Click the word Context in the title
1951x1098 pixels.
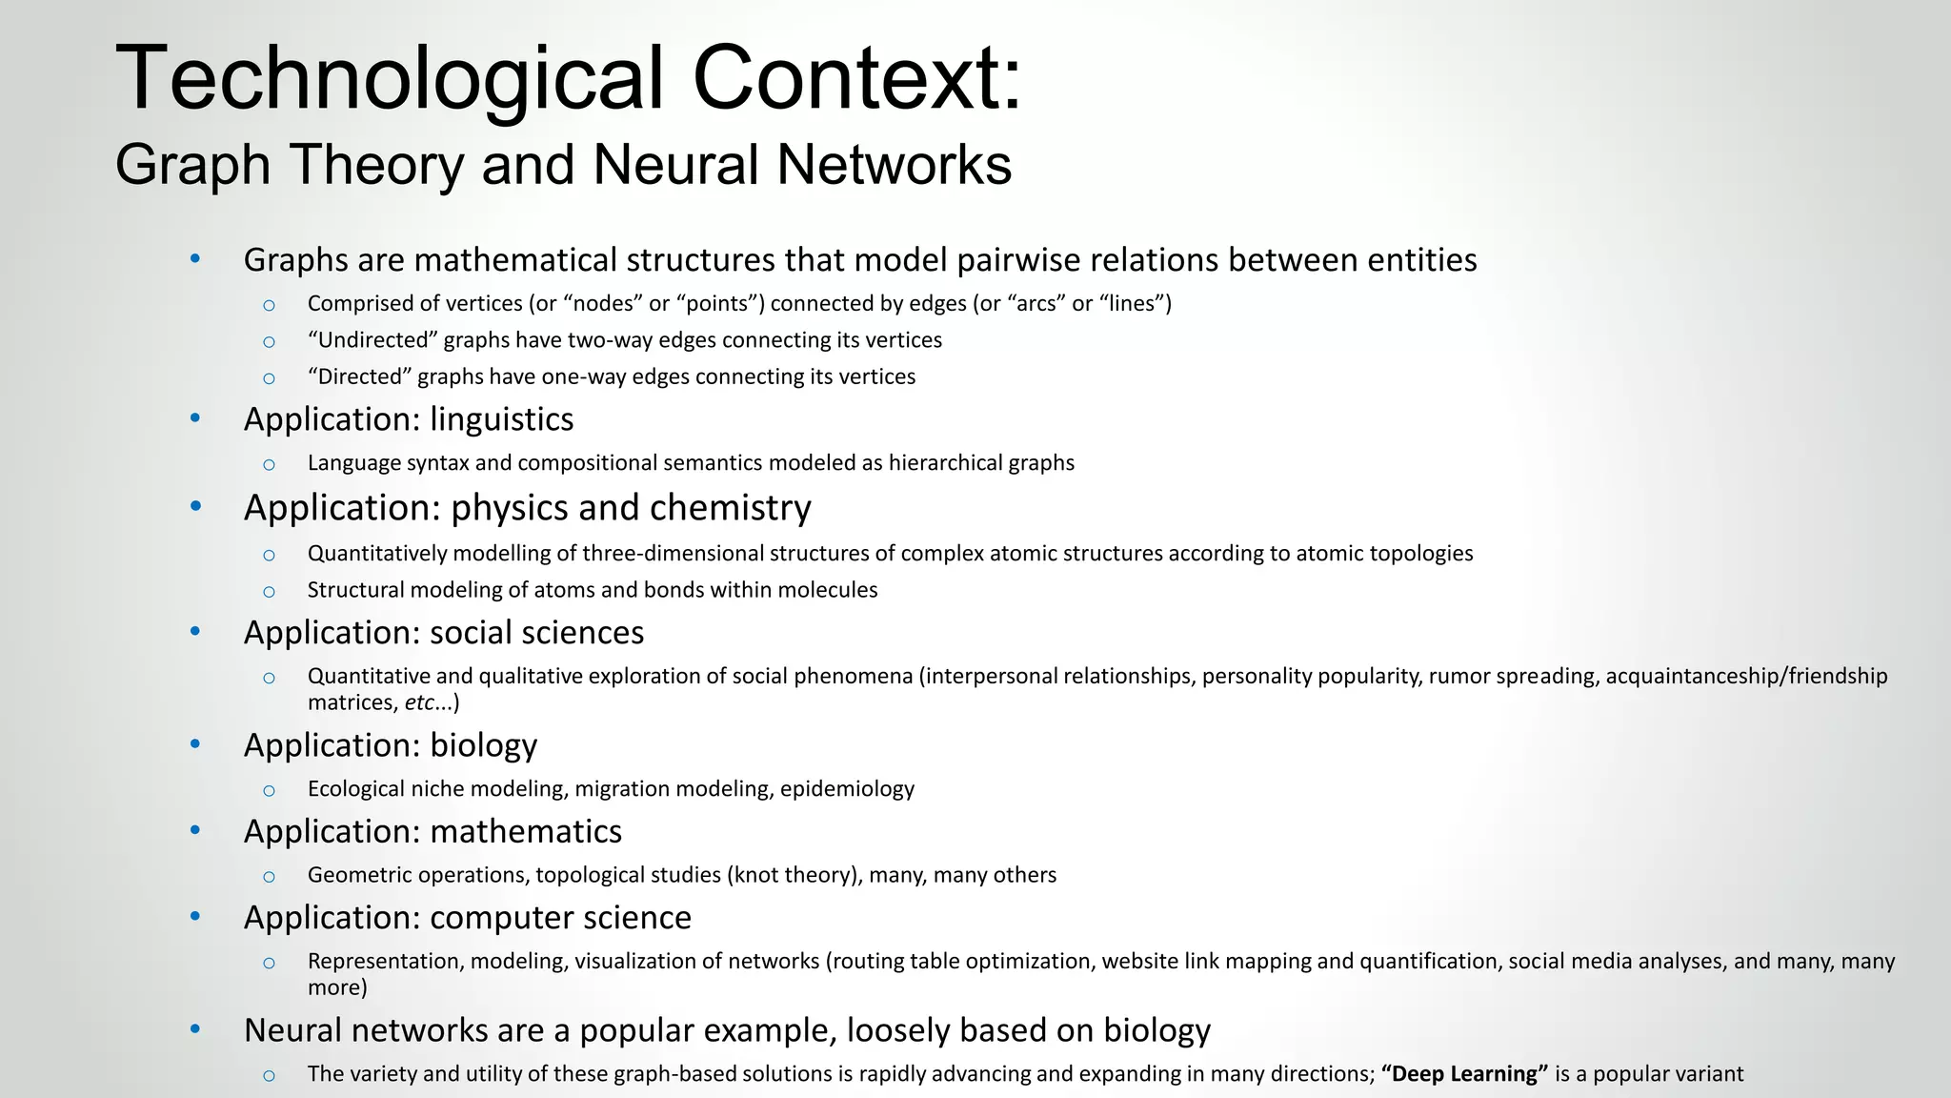click(856, 78)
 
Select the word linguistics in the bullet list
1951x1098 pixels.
click(501, 419)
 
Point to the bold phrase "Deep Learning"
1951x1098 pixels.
click(1464, 1074)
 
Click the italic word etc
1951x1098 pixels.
click(418, 703)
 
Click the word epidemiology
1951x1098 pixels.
click(847, 789)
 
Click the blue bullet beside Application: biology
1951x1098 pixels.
click(195, 743)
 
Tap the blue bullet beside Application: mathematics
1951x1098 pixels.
click(195, 830)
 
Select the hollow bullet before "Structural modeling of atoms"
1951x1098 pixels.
click(269, 591)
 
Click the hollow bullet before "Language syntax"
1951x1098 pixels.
click(269, 464)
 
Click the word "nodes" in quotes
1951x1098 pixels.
click(603, 304)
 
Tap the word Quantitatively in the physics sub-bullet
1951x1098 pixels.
click(377, 554)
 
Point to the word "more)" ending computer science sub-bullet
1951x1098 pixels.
click(337, 987)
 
